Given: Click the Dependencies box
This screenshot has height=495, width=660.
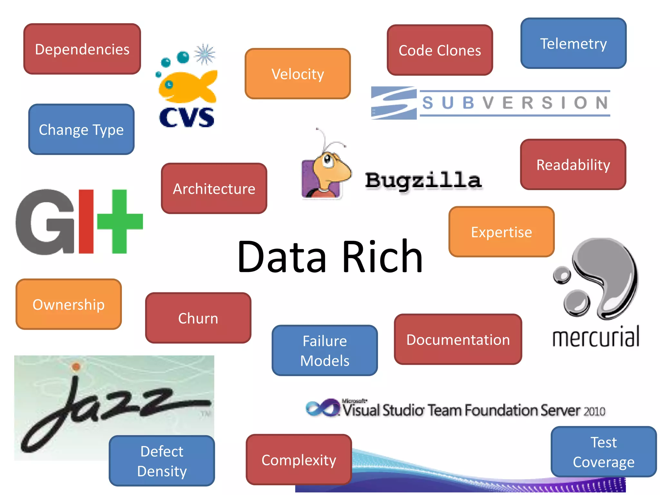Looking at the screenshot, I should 82,49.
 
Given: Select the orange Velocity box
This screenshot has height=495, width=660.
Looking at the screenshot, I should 297,74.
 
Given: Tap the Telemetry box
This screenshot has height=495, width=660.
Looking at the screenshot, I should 573,44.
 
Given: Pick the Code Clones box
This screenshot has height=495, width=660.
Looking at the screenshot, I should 440,50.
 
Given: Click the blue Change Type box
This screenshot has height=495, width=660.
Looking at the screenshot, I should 81,129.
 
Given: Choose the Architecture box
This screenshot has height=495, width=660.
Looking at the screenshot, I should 214,189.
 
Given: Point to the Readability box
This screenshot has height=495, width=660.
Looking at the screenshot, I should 573,165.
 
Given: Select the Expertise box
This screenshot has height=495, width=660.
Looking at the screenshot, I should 501,232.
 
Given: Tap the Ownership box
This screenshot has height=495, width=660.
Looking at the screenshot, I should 69,304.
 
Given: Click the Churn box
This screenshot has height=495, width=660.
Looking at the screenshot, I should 198,318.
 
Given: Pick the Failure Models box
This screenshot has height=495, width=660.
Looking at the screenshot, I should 325,350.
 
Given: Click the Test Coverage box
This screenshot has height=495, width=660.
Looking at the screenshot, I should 603,452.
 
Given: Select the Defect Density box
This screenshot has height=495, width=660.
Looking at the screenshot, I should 162,461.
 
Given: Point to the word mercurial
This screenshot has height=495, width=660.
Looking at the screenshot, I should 596,337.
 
